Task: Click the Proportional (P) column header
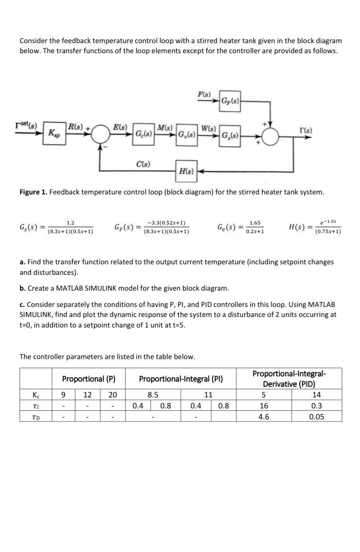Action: click(89, 379)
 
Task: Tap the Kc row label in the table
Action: click(36, 395)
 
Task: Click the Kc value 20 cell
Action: click(112, 395)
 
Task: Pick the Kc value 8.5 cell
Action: click(152, 395)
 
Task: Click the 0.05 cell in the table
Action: click(316, 416)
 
